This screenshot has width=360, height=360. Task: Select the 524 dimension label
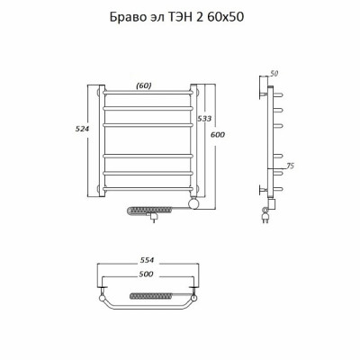[x=82, y=129]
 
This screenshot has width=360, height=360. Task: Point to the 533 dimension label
[x=204, y=119]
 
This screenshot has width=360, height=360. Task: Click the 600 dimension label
[x=218, y=135]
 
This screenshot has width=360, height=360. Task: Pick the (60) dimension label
[x=144, y=85]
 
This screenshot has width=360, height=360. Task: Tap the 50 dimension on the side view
[x=274, y=74]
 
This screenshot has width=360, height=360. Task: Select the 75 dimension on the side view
[x=290, y=166]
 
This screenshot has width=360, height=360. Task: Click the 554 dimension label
[x=147, y=260]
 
